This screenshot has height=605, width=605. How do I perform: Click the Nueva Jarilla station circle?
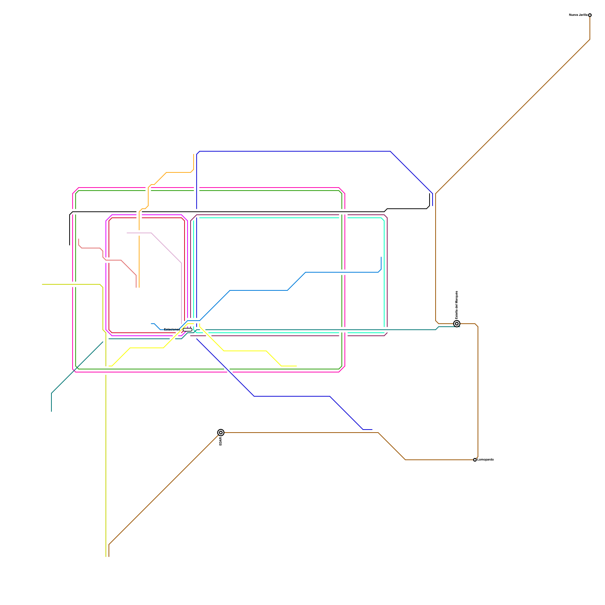(x=590, y=15)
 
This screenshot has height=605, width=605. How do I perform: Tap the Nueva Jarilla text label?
(x=578, y=15)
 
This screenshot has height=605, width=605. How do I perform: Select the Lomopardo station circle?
(x=475, y=460)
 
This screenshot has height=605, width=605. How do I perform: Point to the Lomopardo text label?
(x=486, y=460)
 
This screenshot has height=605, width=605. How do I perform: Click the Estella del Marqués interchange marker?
(x=457, y=324)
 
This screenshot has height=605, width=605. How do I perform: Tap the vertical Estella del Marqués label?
(x=457, y=305)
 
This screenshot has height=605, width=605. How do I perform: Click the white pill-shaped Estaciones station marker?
(x=188, y=330)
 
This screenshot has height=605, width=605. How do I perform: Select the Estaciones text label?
(x=172, y=329)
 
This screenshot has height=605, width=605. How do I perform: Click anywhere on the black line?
(x=265, y=212)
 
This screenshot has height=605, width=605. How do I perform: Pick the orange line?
(x=178, y=172)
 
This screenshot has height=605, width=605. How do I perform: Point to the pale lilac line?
(x=166, y=248)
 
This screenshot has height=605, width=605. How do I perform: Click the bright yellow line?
(x=246, y=351)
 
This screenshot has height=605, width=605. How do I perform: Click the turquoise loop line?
(x=287, y=218)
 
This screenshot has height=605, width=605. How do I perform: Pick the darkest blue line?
(x=295, y=151)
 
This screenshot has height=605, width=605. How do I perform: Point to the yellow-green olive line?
(x=106, y=454)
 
